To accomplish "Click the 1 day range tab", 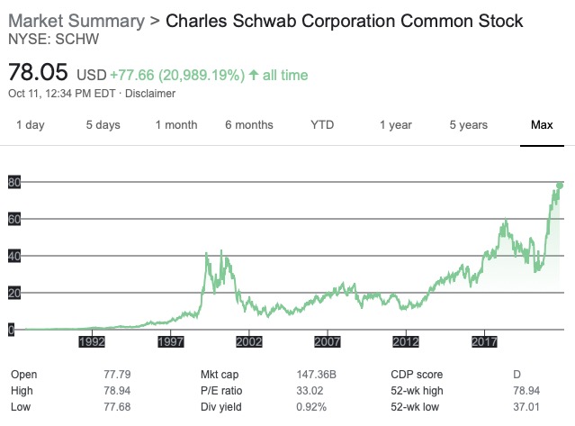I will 30,125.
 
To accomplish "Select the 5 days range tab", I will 103,125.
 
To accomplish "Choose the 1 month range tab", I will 176,125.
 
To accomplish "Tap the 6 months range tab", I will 249,125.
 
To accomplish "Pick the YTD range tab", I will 322,125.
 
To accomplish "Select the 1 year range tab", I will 395,125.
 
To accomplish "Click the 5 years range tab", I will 468,125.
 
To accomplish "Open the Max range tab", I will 541,125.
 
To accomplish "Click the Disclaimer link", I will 150,94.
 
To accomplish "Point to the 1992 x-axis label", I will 93,342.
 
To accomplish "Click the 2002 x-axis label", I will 249,342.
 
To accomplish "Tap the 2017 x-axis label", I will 485,342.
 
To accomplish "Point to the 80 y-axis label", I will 13,183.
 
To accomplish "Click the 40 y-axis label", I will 13,257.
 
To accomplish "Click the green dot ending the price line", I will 560,186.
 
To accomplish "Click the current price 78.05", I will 38,72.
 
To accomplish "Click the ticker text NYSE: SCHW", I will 53,40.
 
